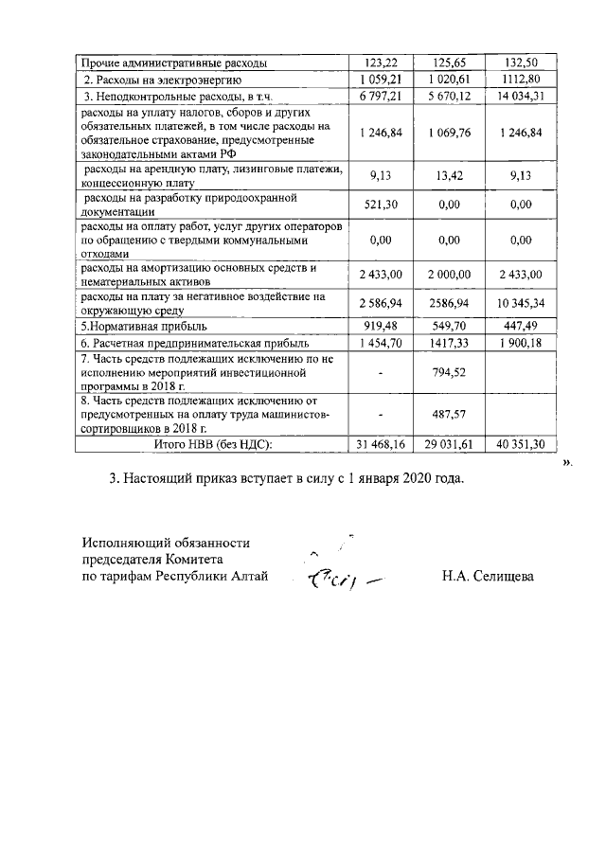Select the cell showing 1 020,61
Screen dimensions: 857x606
[450, 79]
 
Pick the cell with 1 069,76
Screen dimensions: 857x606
[450, 133]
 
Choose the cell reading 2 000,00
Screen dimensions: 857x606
[450, 274]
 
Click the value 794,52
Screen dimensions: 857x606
[450, 372]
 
